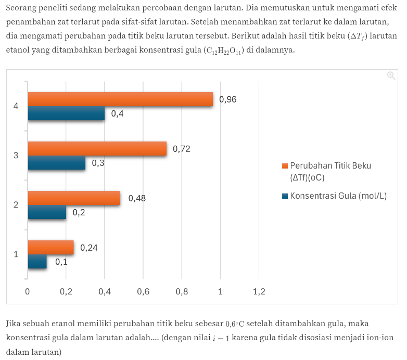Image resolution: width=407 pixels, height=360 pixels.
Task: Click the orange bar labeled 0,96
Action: tap(120, 99)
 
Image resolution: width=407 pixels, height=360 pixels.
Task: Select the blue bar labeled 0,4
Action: tap(66, 113)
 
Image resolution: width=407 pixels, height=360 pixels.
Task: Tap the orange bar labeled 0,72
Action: tap(97, 149)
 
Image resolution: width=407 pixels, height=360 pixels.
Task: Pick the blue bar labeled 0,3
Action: tap(57, 163)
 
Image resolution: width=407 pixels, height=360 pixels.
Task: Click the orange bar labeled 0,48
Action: tap(74, 198)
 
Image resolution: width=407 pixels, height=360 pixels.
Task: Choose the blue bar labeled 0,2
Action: tap(47, 212)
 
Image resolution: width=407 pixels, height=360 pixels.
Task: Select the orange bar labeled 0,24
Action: tap(50, 248)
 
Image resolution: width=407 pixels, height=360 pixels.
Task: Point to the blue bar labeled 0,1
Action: tap(37, 262)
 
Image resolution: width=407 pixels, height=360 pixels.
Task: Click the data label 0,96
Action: tap(228, 99)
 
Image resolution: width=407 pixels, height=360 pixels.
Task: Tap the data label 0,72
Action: tap(182, 149)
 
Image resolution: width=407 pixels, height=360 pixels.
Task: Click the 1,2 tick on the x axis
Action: tap(259, 291)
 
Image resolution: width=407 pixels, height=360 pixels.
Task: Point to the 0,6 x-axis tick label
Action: tap(143, 291)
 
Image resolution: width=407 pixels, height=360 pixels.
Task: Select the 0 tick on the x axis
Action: tap(28, 291)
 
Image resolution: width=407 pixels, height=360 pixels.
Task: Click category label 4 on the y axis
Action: tap(16, 106)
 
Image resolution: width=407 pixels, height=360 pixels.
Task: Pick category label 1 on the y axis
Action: tap(16, 254)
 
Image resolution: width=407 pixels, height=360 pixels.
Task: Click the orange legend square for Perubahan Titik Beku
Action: tap(285, 166)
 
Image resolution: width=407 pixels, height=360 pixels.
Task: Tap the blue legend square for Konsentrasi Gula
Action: tap(285, 196)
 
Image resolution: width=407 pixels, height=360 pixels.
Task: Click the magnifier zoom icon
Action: tap(391, 75)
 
